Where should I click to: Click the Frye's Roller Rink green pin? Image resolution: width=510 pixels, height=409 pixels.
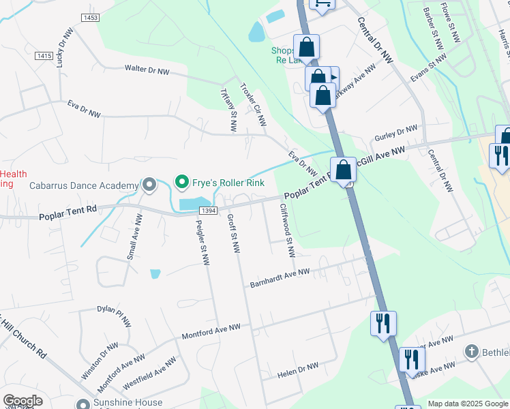click(x=181, y=181)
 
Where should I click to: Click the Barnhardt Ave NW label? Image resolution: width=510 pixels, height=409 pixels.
click(x=280, y=277)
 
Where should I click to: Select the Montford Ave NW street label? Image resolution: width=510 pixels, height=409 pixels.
click(x=211, y=332)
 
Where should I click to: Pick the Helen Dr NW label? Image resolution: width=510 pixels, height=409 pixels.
click(x=298, y=371)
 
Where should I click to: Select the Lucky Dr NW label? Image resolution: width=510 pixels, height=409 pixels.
click(x=65, y=48)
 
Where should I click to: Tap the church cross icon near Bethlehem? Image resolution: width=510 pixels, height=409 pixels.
click(x=471, y=352)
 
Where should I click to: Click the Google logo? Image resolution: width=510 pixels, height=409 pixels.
click(x=23, y=401)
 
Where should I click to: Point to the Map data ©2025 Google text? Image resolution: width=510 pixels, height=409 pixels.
click(x=468, y=404)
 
